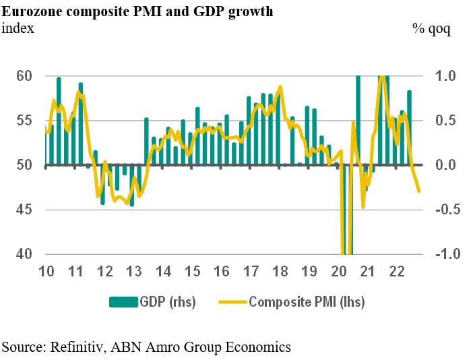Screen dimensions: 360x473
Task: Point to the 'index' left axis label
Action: pos(18,28)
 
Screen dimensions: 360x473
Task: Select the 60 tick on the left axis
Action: pos(24,76)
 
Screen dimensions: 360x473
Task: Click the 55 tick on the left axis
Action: pos(24,121)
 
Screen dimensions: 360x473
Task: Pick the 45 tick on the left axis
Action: pos(24,210)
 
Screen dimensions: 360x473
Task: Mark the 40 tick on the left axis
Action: pos(24,254)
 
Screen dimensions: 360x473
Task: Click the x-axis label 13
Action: pos(134,272)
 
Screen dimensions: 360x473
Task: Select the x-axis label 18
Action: pos(280,272)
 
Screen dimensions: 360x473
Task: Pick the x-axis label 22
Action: pos(397,272)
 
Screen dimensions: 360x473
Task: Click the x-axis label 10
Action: pos(46,272)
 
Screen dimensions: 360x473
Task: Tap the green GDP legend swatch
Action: pos(123,302)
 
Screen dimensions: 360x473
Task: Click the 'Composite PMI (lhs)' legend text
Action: pos(307,302)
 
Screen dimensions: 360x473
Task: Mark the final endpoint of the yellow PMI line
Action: pos(419,191)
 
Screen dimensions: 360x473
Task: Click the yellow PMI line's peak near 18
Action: pos(280,87)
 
